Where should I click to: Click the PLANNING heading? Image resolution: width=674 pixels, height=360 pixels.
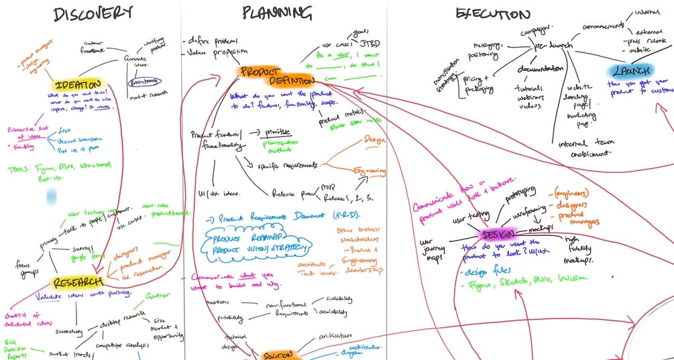click(x=276, y=13)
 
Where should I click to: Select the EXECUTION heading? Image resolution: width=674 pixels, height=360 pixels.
click(x=492, y=14)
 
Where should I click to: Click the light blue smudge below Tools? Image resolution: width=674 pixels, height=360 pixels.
click(x=51, y=196)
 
